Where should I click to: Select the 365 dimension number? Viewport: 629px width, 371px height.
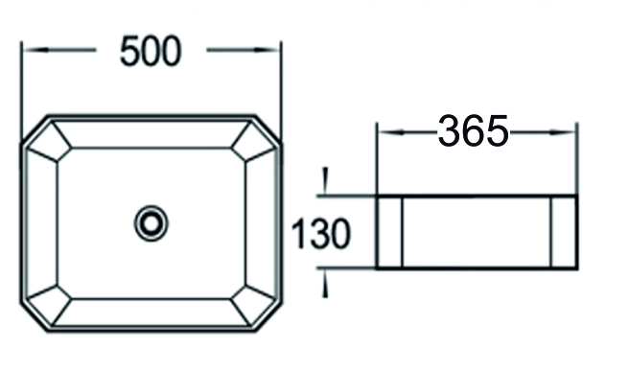coord(473,131)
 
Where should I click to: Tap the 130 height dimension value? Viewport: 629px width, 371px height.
coord(320,233)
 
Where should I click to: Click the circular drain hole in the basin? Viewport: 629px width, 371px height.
coord(151,223)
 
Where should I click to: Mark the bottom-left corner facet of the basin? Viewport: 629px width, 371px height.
coord(50,305)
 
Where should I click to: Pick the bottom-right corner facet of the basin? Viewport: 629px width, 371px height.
coord(253,305)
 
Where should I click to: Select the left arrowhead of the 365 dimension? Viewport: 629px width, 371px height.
coord(383,132)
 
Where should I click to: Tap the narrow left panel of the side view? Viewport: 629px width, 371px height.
coord(388,232)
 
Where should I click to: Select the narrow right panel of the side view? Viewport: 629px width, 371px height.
coord(564,232)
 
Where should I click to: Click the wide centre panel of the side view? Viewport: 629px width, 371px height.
coord(477,232)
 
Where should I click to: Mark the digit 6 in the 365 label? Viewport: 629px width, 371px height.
coord(473,131)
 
